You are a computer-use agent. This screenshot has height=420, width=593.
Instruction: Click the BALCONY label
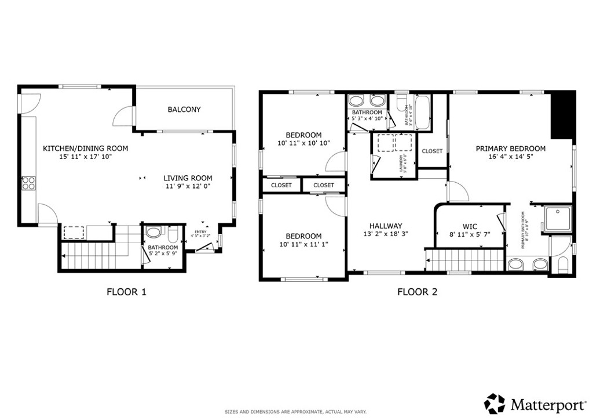[184, 109]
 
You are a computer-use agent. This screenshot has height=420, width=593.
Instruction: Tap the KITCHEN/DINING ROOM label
[85, 149]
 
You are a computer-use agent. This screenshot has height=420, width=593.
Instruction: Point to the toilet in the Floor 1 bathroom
[153, 233]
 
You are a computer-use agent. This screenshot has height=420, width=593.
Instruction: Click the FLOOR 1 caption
[126, 292]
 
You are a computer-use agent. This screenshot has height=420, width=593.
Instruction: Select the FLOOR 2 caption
[417, 292]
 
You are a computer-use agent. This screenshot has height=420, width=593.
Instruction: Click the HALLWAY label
[386, 226]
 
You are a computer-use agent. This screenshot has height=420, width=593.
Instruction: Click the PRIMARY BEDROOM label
[510, 149]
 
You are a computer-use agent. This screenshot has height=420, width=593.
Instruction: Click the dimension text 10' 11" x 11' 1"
[303, 245]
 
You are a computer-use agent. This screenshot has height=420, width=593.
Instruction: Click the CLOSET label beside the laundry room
[432, 151]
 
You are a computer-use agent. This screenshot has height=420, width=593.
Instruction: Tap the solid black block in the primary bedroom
[562, 115]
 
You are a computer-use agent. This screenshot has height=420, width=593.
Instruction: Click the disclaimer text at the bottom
[295, 412]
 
